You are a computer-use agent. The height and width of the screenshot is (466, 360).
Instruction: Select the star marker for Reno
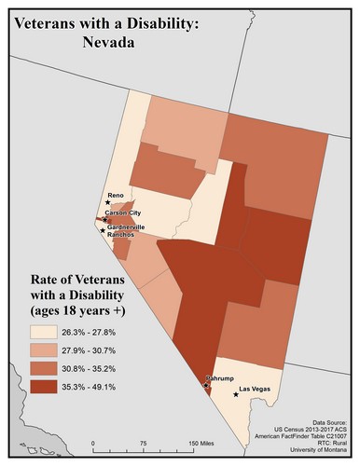(x=107, y=202)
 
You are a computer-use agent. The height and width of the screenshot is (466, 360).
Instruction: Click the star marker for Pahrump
(x=205, y=385)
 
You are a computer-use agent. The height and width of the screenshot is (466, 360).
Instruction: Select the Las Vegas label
(x=256, y=388)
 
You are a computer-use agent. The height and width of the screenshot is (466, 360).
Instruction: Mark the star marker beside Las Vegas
(x=236, y=394)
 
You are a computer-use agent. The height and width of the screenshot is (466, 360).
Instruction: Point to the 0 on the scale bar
(x=93, y=443)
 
